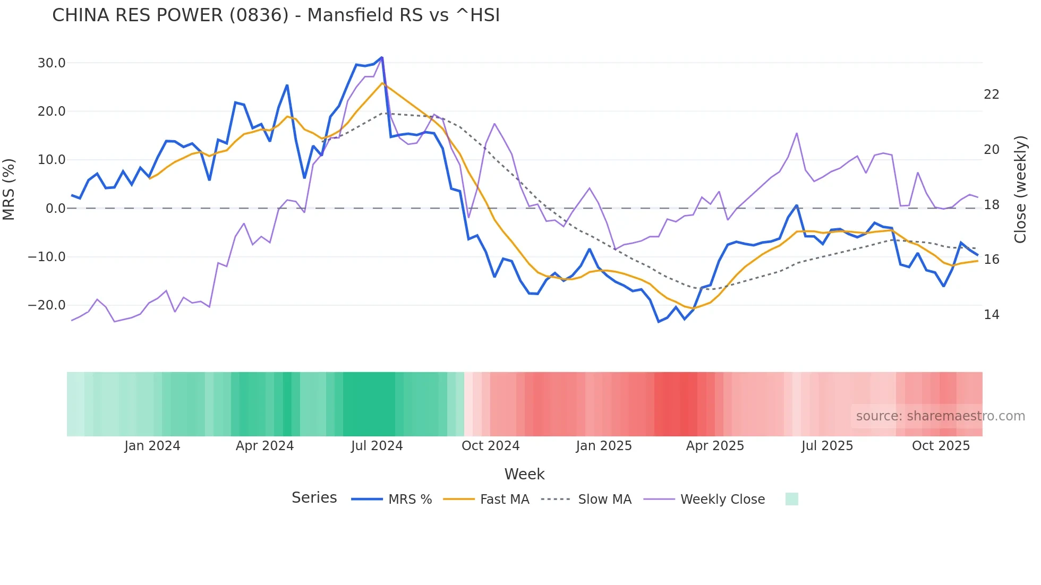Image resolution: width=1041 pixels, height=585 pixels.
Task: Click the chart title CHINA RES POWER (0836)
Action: pyautogui.click(x=276, y=15)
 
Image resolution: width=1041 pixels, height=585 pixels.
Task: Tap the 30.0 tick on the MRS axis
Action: pyautogui.click(x=52, y=63)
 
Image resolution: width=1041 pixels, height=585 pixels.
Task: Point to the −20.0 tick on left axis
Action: pyautogui.click(x=47, y=305)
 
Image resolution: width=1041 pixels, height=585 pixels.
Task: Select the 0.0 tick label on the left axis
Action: pyautogui.click(x=55, y=209)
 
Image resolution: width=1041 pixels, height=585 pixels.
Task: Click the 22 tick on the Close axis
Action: pyautogui.click(x=991, y=94)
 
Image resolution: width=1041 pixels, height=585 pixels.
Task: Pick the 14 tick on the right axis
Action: pyautogui.click(x=991, y=315)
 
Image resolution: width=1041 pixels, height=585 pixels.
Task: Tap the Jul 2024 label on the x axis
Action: pyautogui.click(x=377, y=446)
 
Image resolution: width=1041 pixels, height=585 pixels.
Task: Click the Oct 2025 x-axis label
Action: pyautogui.click(x=941, y=446)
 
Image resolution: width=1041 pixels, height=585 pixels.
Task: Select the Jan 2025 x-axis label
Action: pyautogui.click(x=603, y=446)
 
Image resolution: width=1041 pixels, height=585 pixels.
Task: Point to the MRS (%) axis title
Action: pyautogui.click(x=9, y=189)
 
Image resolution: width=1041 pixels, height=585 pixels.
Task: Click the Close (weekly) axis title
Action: pyautogui.click(x=1020, y=189)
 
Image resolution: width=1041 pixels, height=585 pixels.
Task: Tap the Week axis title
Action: pyautogui.click(x=524, y=474)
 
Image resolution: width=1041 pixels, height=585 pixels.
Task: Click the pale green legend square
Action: pyautogui.click(x=791, y=499)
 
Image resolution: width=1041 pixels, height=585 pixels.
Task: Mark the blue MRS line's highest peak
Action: pyautogui.click(x=381, y=57)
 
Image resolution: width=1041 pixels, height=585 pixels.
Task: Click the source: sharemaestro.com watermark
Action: pyautogui.click(x=940, y=416)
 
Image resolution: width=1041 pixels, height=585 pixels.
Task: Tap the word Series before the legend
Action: pyautogui.click(x=314, y=498)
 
